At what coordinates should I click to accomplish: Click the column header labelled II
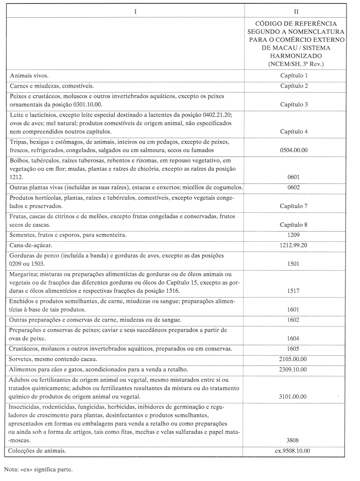tap(296, 11)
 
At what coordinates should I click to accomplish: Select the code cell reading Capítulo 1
tap(294, 76)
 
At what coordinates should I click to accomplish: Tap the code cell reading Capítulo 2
tap(294, 86)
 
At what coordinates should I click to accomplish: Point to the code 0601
tap(294, 177)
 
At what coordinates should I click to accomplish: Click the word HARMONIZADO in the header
tap(296, 56)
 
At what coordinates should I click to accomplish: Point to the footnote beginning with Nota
tap(39, 468)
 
